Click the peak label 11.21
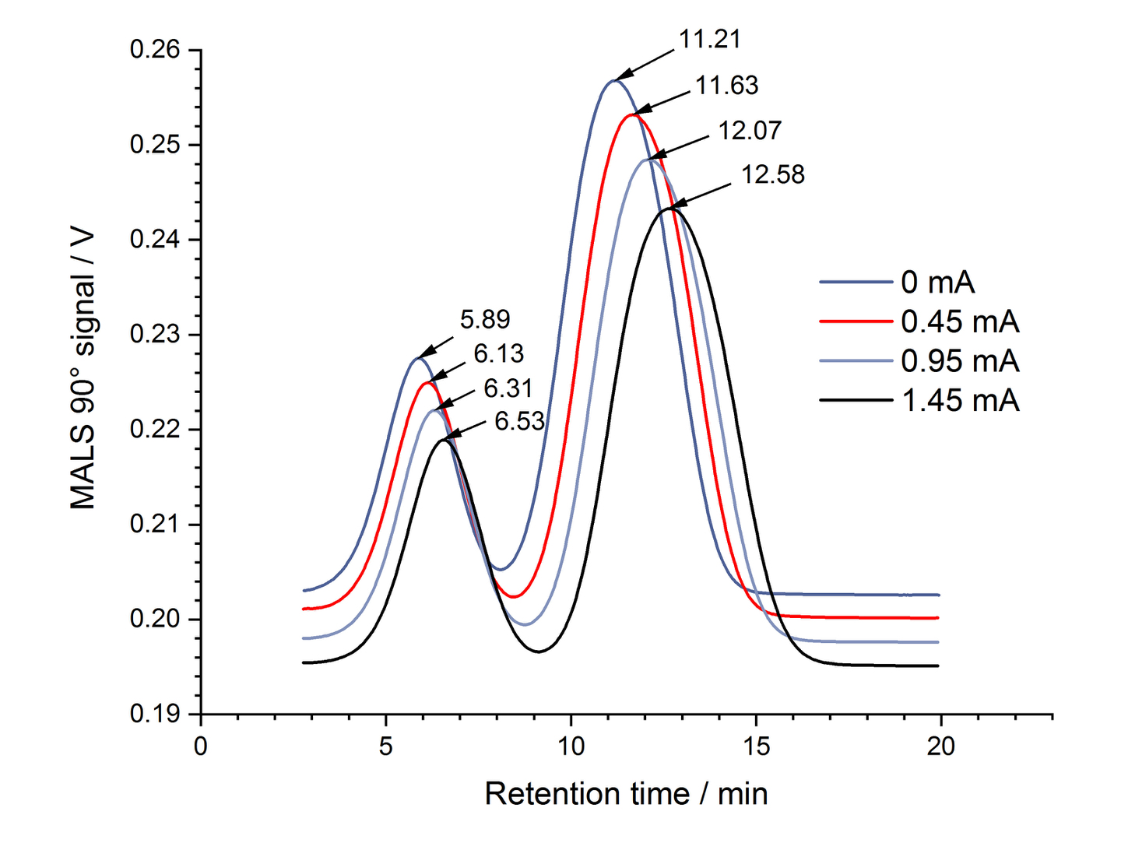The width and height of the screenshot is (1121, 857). (709, 39)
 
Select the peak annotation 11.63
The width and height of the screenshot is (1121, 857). (726, 85)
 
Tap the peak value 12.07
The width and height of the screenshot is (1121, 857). (749, 130)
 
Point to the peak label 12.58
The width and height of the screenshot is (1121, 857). (772, 174)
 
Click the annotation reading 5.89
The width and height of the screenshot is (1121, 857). (485, 319)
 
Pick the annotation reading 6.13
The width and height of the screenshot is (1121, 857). (499, 353)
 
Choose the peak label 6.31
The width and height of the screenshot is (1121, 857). (508, 388)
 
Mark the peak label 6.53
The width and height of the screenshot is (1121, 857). (519, 421)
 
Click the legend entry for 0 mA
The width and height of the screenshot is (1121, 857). (937, 282)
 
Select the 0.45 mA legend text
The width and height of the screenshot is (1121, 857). (960, 321)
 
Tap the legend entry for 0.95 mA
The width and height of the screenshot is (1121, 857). (960, 360)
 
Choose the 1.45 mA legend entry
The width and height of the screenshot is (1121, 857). (960, 400)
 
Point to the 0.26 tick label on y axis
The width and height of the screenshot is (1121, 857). (154, 50)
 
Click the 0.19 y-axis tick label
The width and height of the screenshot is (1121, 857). (154, 714)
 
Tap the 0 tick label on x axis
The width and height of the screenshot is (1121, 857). (201, 746)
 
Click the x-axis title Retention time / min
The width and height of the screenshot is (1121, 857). (626, 794)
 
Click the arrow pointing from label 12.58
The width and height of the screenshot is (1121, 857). (700, 196)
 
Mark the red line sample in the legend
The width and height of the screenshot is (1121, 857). (856, 321)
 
